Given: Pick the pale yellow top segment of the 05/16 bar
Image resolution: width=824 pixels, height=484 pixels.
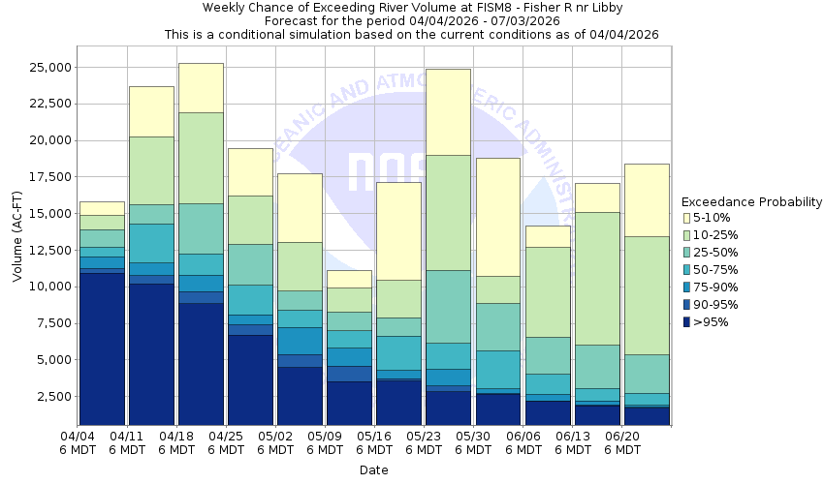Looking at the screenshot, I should (x=398, y=230).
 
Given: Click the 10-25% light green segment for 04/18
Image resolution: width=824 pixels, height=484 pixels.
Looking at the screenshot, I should (x=201, y=158).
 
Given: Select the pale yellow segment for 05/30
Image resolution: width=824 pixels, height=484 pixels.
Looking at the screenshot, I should (x=497, y=217).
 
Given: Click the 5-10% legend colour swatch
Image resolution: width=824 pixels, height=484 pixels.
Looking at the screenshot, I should (x=687, y=218).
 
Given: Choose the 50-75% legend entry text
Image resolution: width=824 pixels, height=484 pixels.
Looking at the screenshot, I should (x=718, y=270).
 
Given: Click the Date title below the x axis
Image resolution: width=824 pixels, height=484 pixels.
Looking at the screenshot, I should (x=373, y=470).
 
